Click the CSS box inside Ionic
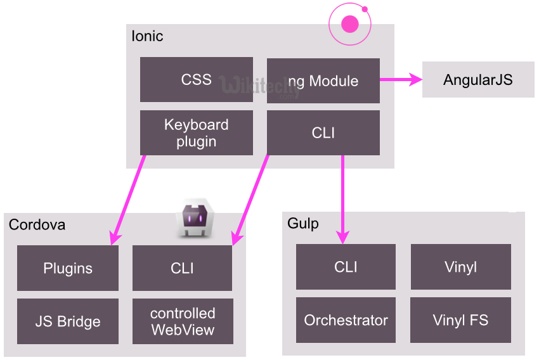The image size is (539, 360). point(196,80)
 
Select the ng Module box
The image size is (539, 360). point(323,81)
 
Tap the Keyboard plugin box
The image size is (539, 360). point(196,132)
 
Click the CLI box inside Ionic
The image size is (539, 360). point(323,132)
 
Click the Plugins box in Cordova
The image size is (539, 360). point(68,268)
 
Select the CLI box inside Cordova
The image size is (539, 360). point(182,268)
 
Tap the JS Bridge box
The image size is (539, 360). point(68,321)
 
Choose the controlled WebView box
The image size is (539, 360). point(183,321)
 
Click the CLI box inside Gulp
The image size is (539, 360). point(346,267)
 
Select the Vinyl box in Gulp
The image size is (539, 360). point(460,267)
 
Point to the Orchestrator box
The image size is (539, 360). point(346,320)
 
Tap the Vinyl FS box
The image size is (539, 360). point(460,320)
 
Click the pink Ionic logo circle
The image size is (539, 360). point(349,24)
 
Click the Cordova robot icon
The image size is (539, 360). point(194,219)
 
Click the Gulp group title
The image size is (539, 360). point(303,224)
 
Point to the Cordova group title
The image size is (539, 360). point(37,225)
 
